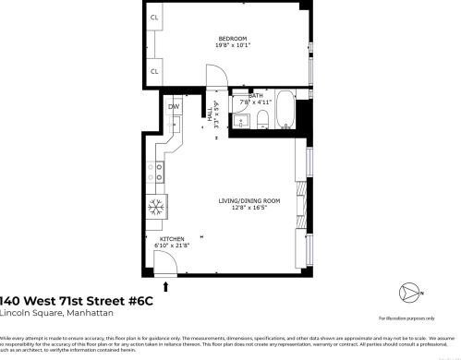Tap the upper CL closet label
click(x=154, y=18)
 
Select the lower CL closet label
click(x=154, y=70)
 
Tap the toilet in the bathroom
click(x=261, y=117)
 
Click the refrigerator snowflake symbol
click(x=156, y=205)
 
